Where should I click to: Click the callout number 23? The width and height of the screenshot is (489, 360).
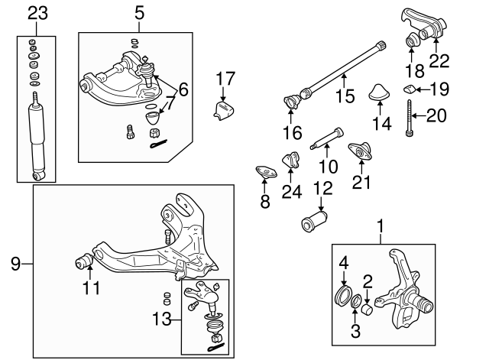37,12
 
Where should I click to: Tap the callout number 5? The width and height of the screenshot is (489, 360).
138,12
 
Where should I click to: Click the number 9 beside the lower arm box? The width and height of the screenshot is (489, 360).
15,264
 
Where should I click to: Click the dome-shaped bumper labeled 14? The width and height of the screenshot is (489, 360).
378,92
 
